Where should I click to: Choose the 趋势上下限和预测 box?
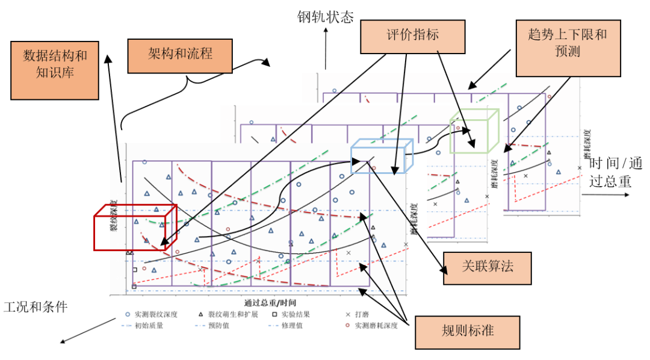click(x=568, y=43)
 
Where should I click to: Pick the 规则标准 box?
click(x=468, y=331)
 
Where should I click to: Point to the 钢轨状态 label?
click(x=325, y=16)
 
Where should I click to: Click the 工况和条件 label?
click(x=36, y=307)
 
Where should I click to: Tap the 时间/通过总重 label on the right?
click(x=615, y=172)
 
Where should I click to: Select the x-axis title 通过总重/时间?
click(x=270, y=302)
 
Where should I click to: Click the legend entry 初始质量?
click(x=144, y=326)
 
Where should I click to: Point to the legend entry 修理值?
click(x=289, y=326)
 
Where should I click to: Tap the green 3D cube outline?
click(x=475, y=131)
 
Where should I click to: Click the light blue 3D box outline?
click(x=382, y=156)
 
